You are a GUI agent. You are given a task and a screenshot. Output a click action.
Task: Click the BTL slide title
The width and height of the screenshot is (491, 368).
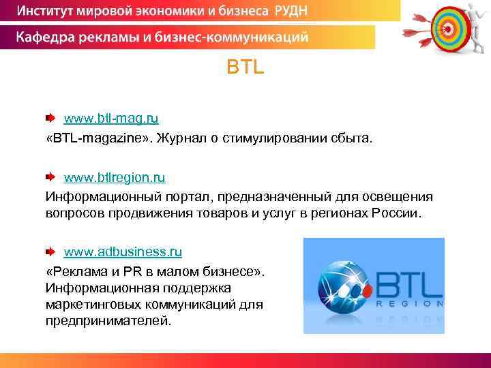245,69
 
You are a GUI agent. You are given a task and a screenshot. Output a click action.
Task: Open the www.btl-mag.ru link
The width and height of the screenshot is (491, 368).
111,119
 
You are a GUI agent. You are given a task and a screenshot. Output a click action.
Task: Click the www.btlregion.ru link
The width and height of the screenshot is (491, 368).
115,177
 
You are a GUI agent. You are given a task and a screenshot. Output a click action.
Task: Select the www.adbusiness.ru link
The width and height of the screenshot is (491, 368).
123,251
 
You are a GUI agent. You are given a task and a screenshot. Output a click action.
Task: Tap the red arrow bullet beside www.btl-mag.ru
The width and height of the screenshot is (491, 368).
51,119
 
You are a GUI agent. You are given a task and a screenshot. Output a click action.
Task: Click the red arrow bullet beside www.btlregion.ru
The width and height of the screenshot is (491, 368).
51,177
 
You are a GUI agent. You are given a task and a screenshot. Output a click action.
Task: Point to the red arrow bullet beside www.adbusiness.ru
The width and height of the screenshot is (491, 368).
51,251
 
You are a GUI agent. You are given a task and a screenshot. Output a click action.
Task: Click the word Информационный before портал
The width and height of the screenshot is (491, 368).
95,197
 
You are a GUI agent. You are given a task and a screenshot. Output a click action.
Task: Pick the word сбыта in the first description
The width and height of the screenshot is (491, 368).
354,139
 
